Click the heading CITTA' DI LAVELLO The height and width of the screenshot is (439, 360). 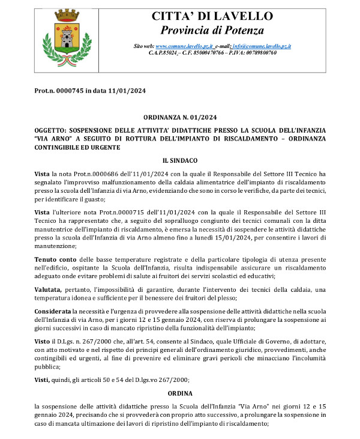tap(212, 16)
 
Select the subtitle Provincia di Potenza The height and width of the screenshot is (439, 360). tap(212, 29)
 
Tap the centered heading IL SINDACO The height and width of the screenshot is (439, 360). tap(180, 160)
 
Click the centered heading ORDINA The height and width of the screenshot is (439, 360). tap(180, 393)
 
